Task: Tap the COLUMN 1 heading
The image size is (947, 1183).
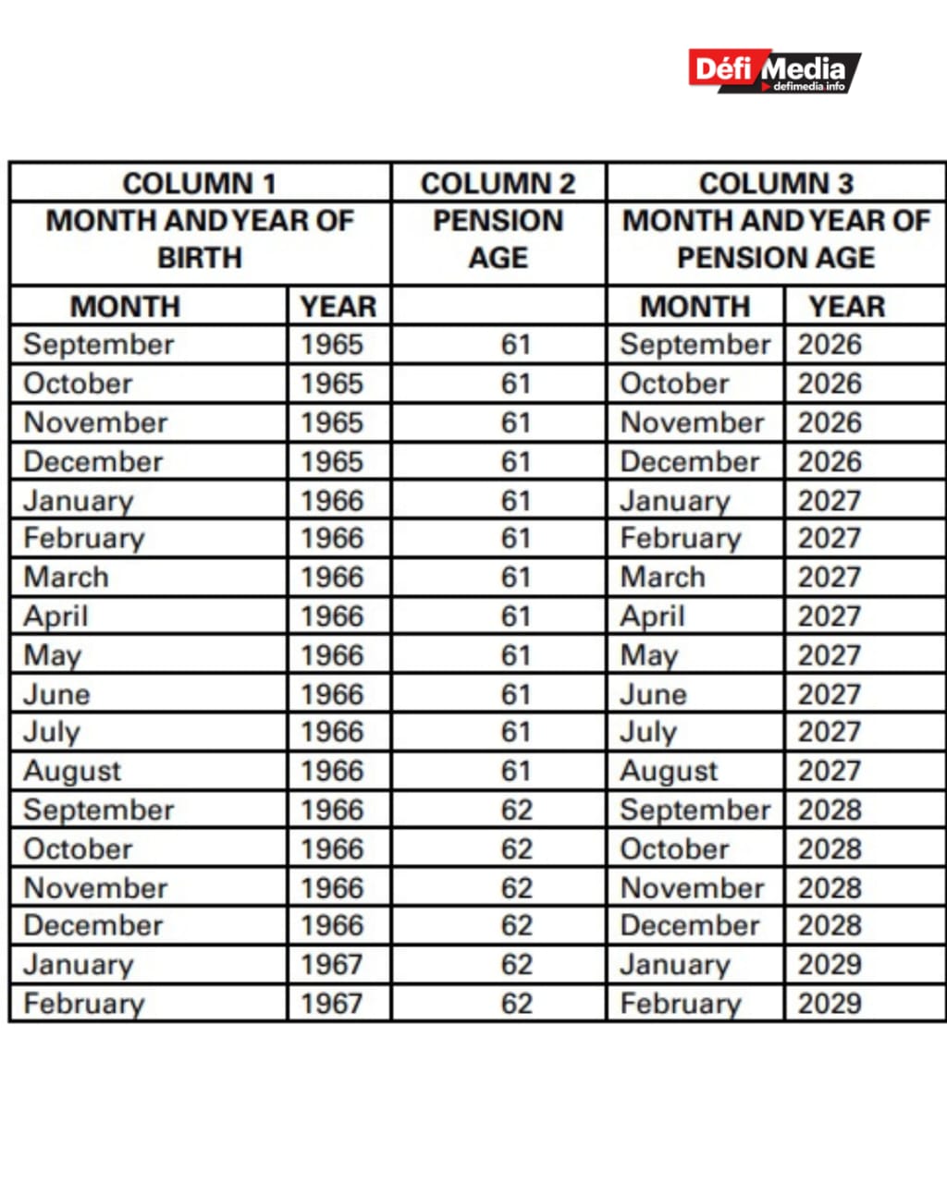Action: tap(199, 183)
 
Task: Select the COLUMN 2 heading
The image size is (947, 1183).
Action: tap(498, 183)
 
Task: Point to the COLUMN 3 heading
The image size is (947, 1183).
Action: tap(775, 183)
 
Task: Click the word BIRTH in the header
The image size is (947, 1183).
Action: tap(199, 257)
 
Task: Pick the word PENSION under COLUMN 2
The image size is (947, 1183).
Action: tap(498, 221)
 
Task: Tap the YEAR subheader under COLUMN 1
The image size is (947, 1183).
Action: tap(338, 306)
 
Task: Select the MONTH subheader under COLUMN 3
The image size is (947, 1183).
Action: tap(695, 306)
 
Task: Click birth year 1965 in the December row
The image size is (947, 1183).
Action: tap(331, 461)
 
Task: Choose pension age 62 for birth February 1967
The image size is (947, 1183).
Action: tap(516, 1003)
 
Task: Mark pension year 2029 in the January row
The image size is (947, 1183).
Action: tap(830, 964)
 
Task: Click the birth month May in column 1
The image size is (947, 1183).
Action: tap(53, 655)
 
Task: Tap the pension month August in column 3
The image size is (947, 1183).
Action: tap(669, 771)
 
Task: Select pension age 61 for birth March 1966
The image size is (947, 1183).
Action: tap(516, 577)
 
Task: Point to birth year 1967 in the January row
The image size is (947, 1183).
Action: tap(331, 964)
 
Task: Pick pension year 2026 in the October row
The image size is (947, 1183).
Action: tap(830, 384)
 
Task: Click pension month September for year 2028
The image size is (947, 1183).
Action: tap(695, 810)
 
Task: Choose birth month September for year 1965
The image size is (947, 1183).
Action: tap(98, 345)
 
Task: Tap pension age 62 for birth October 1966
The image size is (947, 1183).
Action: tap(516, 848)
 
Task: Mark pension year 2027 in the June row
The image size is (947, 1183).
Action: tap(830, 694)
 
